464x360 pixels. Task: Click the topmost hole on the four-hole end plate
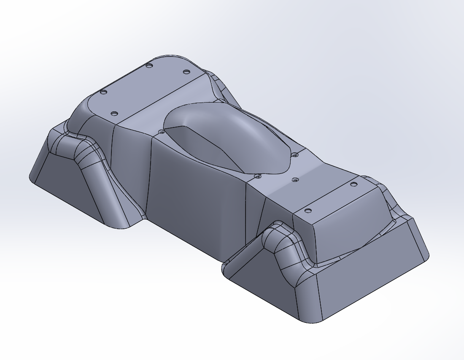149,66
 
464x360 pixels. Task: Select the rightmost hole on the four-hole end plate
186,72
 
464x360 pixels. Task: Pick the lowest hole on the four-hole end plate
113,114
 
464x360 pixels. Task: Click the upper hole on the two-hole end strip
353,184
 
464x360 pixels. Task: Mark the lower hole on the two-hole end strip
308,210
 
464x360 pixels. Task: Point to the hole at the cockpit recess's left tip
161,132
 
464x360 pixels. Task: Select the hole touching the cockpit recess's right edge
295,154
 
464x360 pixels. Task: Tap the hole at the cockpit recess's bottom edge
257,176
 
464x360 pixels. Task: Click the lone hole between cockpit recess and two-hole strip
295,180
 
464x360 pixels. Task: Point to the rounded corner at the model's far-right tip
427,256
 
